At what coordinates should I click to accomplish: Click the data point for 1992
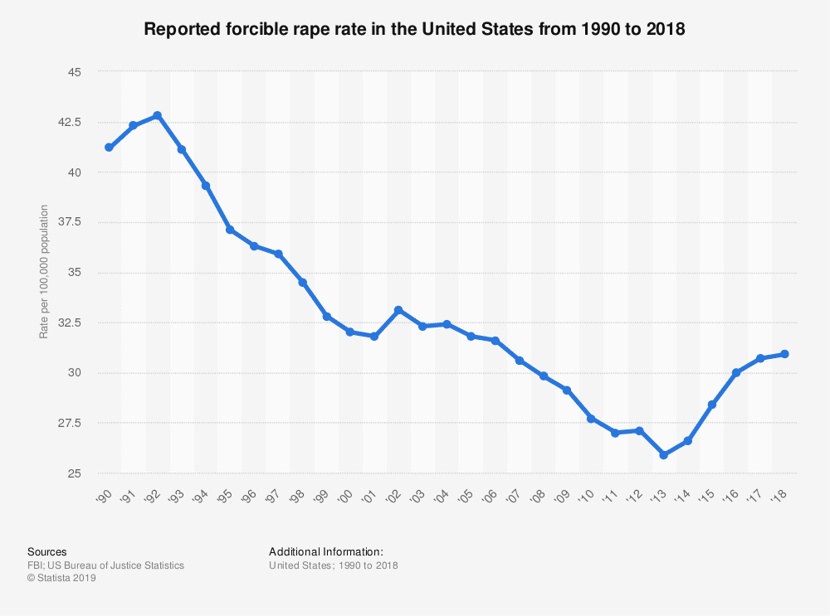[x=157, y=115]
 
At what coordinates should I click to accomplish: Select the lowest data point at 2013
[x=663, y=455]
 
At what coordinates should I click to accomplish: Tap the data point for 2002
[x=398, y=310]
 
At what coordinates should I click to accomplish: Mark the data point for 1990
[x=109, y=148]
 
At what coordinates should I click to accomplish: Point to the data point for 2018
[x=784, y=354]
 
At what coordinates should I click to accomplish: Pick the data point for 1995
[x=229, y=230]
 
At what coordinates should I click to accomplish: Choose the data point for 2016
[x=736, y=373]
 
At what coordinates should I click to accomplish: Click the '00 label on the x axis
[x=347, y=496]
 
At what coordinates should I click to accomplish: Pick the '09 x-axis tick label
[x=564, y=496]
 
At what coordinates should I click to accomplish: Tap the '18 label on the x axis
[x=780, y=496]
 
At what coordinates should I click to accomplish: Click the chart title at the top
[x=415, y=29]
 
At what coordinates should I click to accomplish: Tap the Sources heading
[x=47, y=551]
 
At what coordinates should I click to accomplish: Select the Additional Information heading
[x=326, y=551]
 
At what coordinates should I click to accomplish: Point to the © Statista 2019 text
[x=62, y=579]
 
